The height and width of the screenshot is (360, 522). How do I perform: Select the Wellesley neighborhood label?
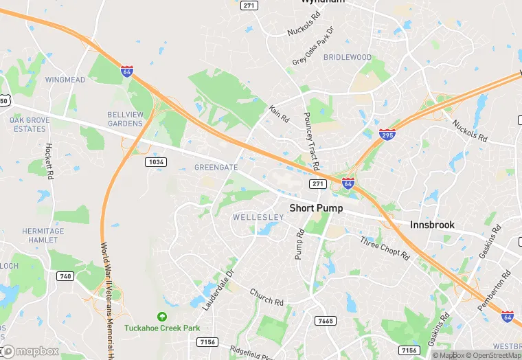[x=258, y=217]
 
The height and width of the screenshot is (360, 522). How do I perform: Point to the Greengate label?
[x=216, y=167]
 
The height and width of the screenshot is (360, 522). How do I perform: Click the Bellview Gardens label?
[x=125, y=119]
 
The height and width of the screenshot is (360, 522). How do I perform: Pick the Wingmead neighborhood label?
[x=65, y=80]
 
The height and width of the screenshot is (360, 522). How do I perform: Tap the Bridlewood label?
[x=347, y=58]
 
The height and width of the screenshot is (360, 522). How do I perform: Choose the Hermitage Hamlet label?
[x=43, y=235]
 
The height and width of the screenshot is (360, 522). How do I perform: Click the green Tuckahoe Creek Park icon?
[x=161, y=317]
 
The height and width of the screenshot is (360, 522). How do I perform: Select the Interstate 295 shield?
[x=387, y=134]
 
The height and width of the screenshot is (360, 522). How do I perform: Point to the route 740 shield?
[x=65, y=276]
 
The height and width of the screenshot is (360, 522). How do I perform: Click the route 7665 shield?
[x=325, y=321]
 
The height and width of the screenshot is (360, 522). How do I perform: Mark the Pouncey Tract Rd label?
[x=310, y=142]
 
